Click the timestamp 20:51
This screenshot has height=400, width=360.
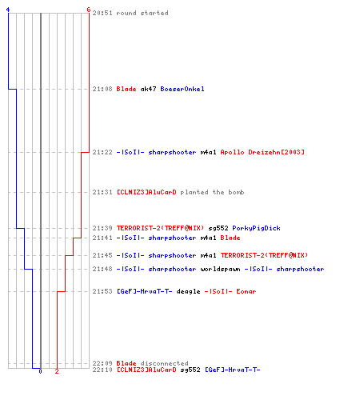102,13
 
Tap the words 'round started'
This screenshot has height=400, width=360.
142,13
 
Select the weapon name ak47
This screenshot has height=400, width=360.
148,89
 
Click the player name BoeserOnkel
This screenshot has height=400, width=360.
182,89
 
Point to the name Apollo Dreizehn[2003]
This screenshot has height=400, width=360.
262,152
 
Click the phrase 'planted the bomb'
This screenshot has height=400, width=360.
212,192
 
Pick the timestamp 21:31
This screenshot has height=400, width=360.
102,192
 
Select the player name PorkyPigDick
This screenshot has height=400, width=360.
256,228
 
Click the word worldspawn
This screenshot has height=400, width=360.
220,269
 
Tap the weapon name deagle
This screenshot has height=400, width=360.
188,291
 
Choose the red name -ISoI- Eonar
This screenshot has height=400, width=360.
230,291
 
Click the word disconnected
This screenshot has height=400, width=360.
164,363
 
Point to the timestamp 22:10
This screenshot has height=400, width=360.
102,370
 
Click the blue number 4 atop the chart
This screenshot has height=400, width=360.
8,10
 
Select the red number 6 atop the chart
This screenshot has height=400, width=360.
89,10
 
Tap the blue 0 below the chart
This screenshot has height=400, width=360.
40,371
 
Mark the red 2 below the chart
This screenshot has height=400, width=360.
57,371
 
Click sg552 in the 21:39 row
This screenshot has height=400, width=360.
218,228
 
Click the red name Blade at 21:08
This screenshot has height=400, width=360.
126,89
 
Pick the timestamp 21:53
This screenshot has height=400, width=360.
102,291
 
